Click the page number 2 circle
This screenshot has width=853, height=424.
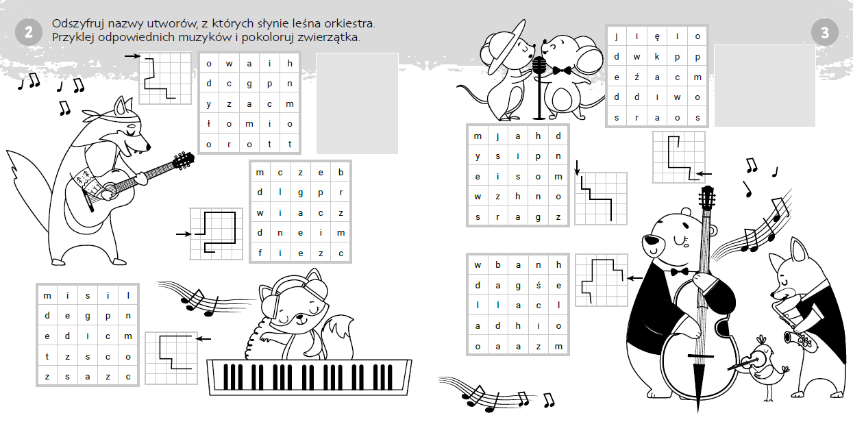pos(29,32)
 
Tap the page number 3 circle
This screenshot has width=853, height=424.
pos(825,32)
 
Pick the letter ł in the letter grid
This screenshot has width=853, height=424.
pos(209,124)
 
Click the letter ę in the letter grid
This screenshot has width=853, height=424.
pos(657,37)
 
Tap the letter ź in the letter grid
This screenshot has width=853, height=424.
pos(636,77)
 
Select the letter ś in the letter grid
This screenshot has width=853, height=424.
pos(538,285)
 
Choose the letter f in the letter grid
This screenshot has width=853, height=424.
pos(260,253)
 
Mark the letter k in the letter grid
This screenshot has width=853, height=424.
pos(657,57)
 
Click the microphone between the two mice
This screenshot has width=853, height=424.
pos(539,88)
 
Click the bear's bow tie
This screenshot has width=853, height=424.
pos(680,272)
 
